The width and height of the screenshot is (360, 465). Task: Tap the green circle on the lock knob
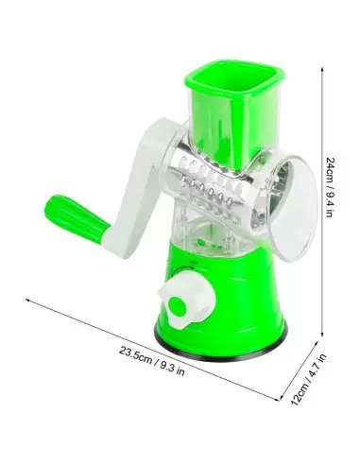pos(177,305)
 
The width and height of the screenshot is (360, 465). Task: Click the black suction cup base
pos(220,350)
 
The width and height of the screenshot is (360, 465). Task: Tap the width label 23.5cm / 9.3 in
pos(152,361)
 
